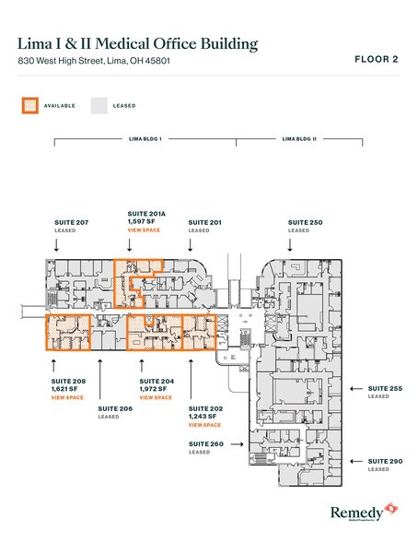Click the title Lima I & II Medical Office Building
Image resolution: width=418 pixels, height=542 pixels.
138,43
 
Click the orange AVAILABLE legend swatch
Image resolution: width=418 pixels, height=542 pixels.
30,106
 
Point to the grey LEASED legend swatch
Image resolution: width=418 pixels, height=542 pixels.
98,106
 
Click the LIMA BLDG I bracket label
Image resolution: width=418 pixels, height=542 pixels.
145,138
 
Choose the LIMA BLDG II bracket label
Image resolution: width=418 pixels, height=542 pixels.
299,138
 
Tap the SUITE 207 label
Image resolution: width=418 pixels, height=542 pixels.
70,222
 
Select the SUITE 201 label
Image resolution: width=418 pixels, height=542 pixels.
204,222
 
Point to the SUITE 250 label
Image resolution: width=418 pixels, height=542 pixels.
305,222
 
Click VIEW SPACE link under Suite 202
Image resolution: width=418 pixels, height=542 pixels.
203,425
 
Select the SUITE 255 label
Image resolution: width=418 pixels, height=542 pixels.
384,388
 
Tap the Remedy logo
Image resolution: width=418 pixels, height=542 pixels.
361,512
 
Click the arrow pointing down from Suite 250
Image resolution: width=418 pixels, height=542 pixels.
291,243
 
